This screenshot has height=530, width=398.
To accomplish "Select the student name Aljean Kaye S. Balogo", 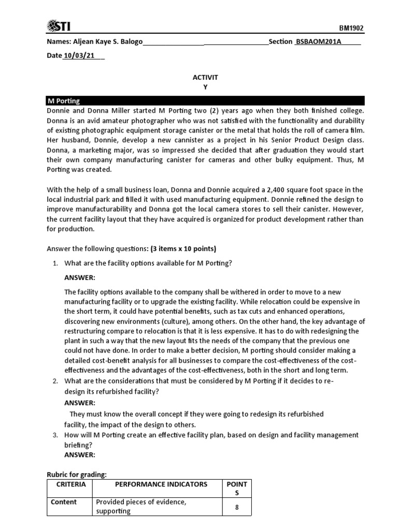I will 106,42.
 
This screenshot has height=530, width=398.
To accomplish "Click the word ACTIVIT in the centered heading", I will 205,77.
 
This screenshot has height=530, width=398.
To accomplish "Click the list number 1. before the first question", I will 55,263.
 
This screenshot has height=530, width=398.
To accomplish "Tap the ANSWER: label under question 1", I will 80,278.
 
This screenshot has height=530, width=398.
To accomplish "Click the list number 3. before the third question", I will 55,435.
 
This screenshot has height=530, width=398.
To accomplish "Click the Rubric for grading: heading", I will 77,474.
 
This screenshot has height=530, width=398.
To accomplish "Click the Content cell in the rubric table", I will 64,502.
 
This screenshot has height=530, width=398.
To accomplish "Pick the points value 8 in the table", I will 237,507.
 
